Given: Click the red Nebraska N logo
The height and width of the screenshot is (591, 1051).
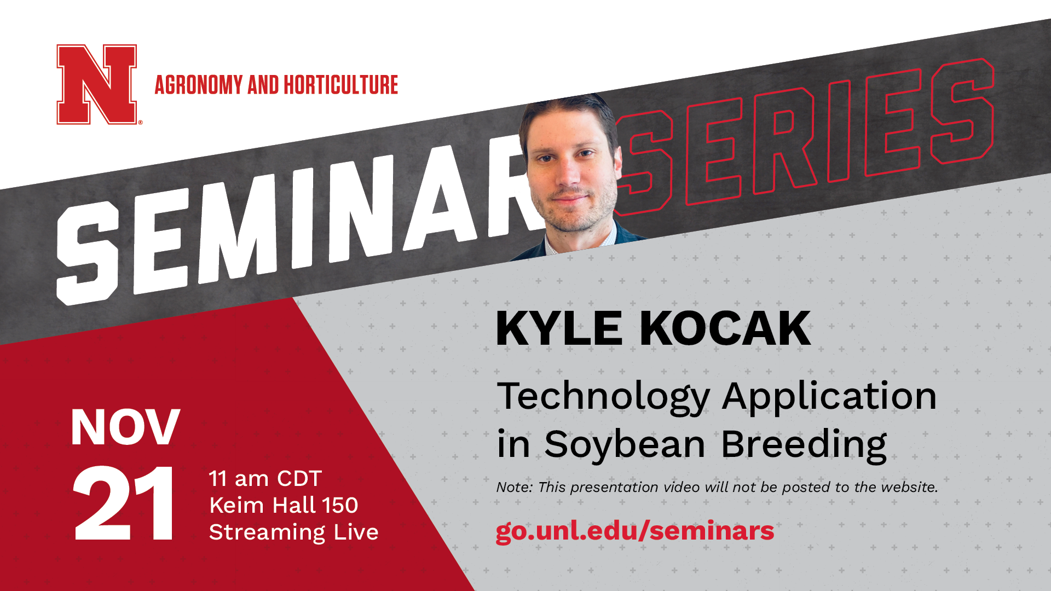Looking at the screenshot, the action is click(x=97, y=84).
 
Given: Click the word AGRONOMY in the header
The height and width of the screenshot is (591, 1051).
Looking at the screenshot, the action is click(x=199, y=85).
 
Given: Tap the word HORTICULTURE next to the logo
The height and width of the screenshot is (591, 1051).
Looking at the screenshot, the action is click(x=340, y=85).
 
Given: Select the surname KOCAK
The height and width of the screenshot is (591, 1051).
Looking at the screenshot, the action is click(x=725, y=328).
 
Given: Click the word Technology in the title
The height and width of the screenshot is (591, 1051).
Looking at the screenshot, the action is click(x=603, y=398).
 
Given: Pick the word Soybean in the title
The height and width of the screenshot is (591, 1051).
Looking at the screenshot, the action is click(x=625, y=445).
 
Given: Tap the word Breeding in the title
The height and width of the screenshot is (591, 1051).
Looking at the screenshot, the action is click(x=804, y=445).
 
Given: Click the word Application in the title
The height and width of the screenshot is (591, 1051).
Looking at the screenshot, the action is click(x=829, y=398).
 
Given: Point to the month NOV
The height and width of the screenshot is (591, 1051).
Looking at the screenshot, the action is click(x=125, y=427).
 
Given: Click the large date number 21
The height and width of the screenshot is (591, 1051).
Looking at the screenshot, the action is click(x=124, y=503).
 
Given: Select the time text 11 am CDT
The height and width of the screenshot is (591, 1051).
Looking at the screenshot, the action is click(x=265, y=479).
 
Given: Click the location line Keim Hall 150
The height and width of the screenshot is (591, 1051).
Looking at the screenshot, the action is click(x=284, y=505).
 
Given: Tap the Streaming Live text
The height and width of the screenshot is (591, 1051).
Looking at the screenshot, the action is click(x=293, y=532).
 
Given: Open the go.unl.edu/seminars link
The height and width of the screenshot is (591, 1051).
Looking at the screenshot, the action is click(x=635, y=531).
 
